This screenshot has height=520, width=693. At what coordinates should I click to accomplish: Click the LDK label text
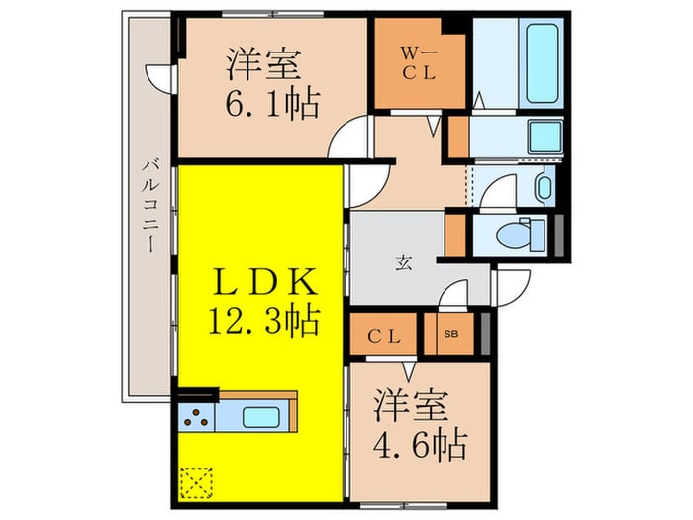[264, 284]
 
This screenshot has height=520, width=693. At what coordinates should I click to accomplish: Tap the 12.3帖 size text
[264, 319]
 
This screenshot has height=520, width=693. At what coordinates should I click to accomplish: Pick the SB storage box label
[450, 335]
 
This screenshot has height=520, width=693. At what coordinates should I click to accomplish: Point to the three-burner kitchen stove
[196, 416]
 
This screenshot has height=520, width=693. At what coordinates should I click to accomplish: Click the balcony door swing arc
[159, 77]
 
